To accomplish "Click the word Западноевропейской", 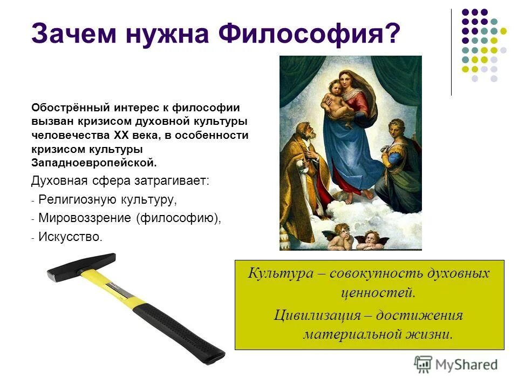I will pos(93,162).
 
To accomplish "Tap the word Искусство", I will pos(70,237).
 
